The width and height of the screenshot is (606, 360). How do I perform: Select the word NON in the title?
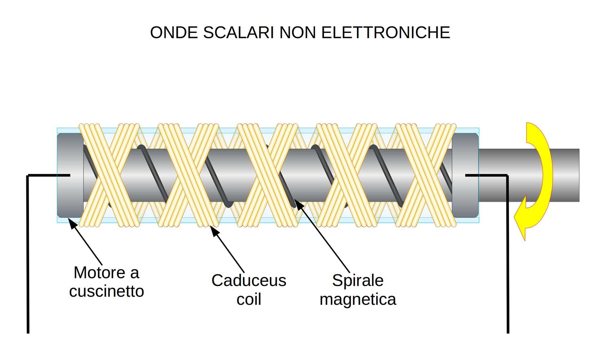pyautogui.click(x=297, y=33)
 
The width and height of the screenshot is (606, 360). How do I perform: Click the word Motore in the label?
pyautogui.click(x=99, y=273)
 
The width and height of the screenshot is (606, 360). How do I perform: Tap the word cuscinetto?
pyautogui.click(x=107, y=291)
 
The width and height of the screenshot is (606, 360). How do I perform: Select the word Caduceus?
pyautogui.click(x=249, y=281)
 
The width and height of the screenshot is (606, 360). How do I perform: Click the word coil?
pyautogui.click(x=249, y=299)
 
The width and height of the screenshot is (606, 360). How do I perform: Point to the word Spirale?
pyautogui.click(x=358, y=281)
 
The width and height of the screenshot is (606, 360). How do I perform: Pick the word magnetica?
pyautogui.click(x=358, y=299)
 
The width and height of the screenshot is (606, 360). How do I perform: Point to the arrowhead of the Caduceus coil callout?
pyautogui.click(x=214, y=230)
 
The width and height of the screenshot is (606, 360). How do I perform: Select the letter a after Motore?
pyautogui.click(x=135, y=273)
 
